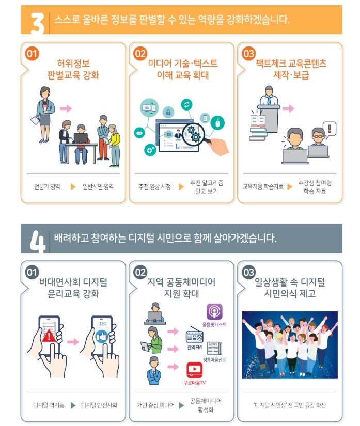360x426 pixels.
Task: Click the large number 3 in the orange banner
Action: (x=38, y=21)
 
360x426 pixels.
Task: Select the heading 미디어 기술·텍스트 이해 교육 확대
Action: (x=182, y=69)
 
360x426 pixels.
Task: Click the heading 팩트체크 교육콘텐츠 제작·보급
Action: (x=291, y=69)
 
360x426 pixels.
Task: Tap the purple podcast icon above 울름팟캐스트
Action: (x=214, y=311)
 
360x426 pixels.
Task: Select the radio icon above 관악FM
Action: (x=195, y=335)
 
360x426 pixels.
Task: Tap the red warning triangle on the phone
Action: (x=51, y=337)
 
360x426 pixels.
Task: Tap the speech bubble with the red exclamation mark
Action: (x=329, y=128)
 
